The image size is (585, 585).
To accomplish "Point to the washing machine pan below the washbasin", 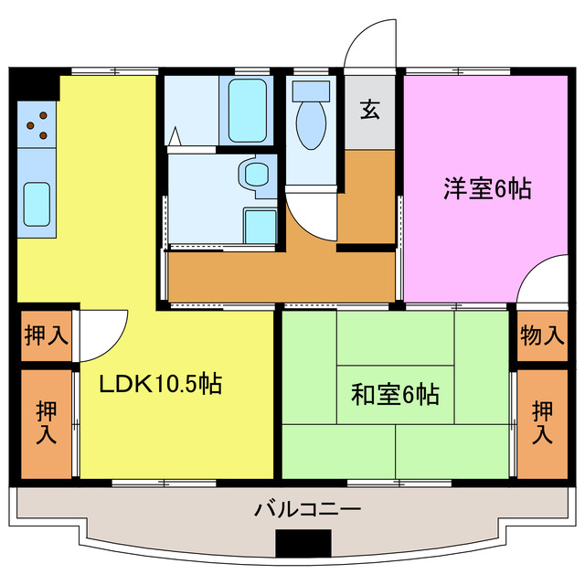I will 261,225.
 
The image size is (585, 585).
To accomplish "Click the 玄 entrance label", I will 369,110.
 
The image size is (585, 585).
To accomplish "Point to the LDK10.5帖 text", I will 160,385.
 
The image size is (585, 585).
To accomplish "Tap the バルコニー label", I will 307,509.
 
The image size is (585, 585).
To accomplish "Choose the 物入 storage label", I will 541,335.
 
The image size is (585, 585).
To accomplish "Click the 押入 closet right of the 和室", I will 542,423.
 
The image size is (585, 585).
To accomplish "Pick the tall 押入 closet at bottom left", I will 46,422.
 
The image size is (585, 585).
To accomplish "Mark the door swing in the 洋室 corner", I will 541,280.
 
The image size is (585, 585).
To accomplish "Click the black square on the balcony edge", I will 303,542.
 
